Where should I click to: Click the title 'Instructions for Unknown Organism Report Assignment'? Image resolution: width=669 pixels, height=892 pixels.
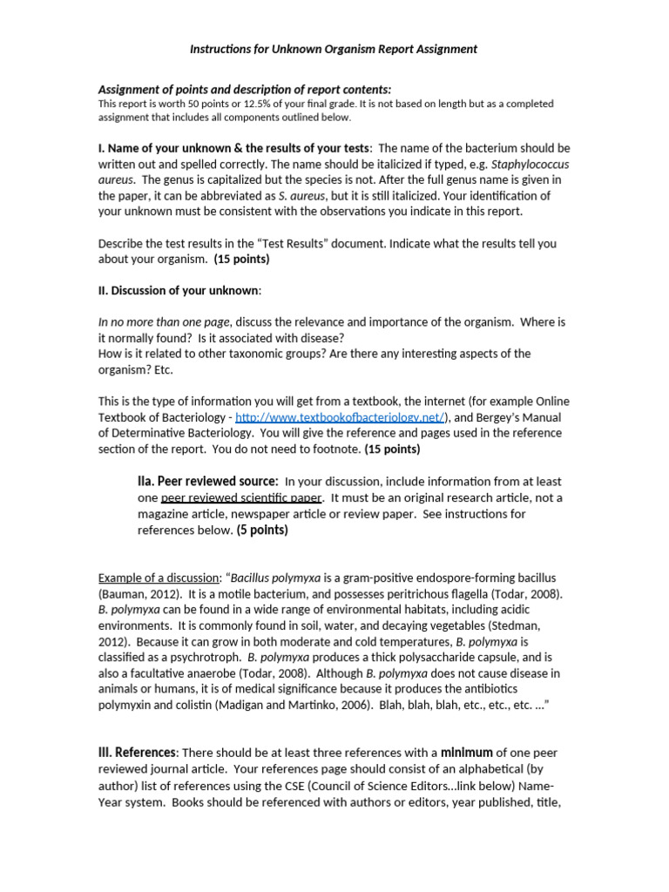click(x=334, y=49)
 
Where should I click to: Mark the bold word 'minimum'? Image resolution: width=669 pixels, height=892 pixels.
click(x=467, y=752)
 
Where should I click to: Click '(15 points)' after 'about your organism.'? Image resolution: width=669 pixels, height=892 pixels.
click(x=241, y=259)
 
